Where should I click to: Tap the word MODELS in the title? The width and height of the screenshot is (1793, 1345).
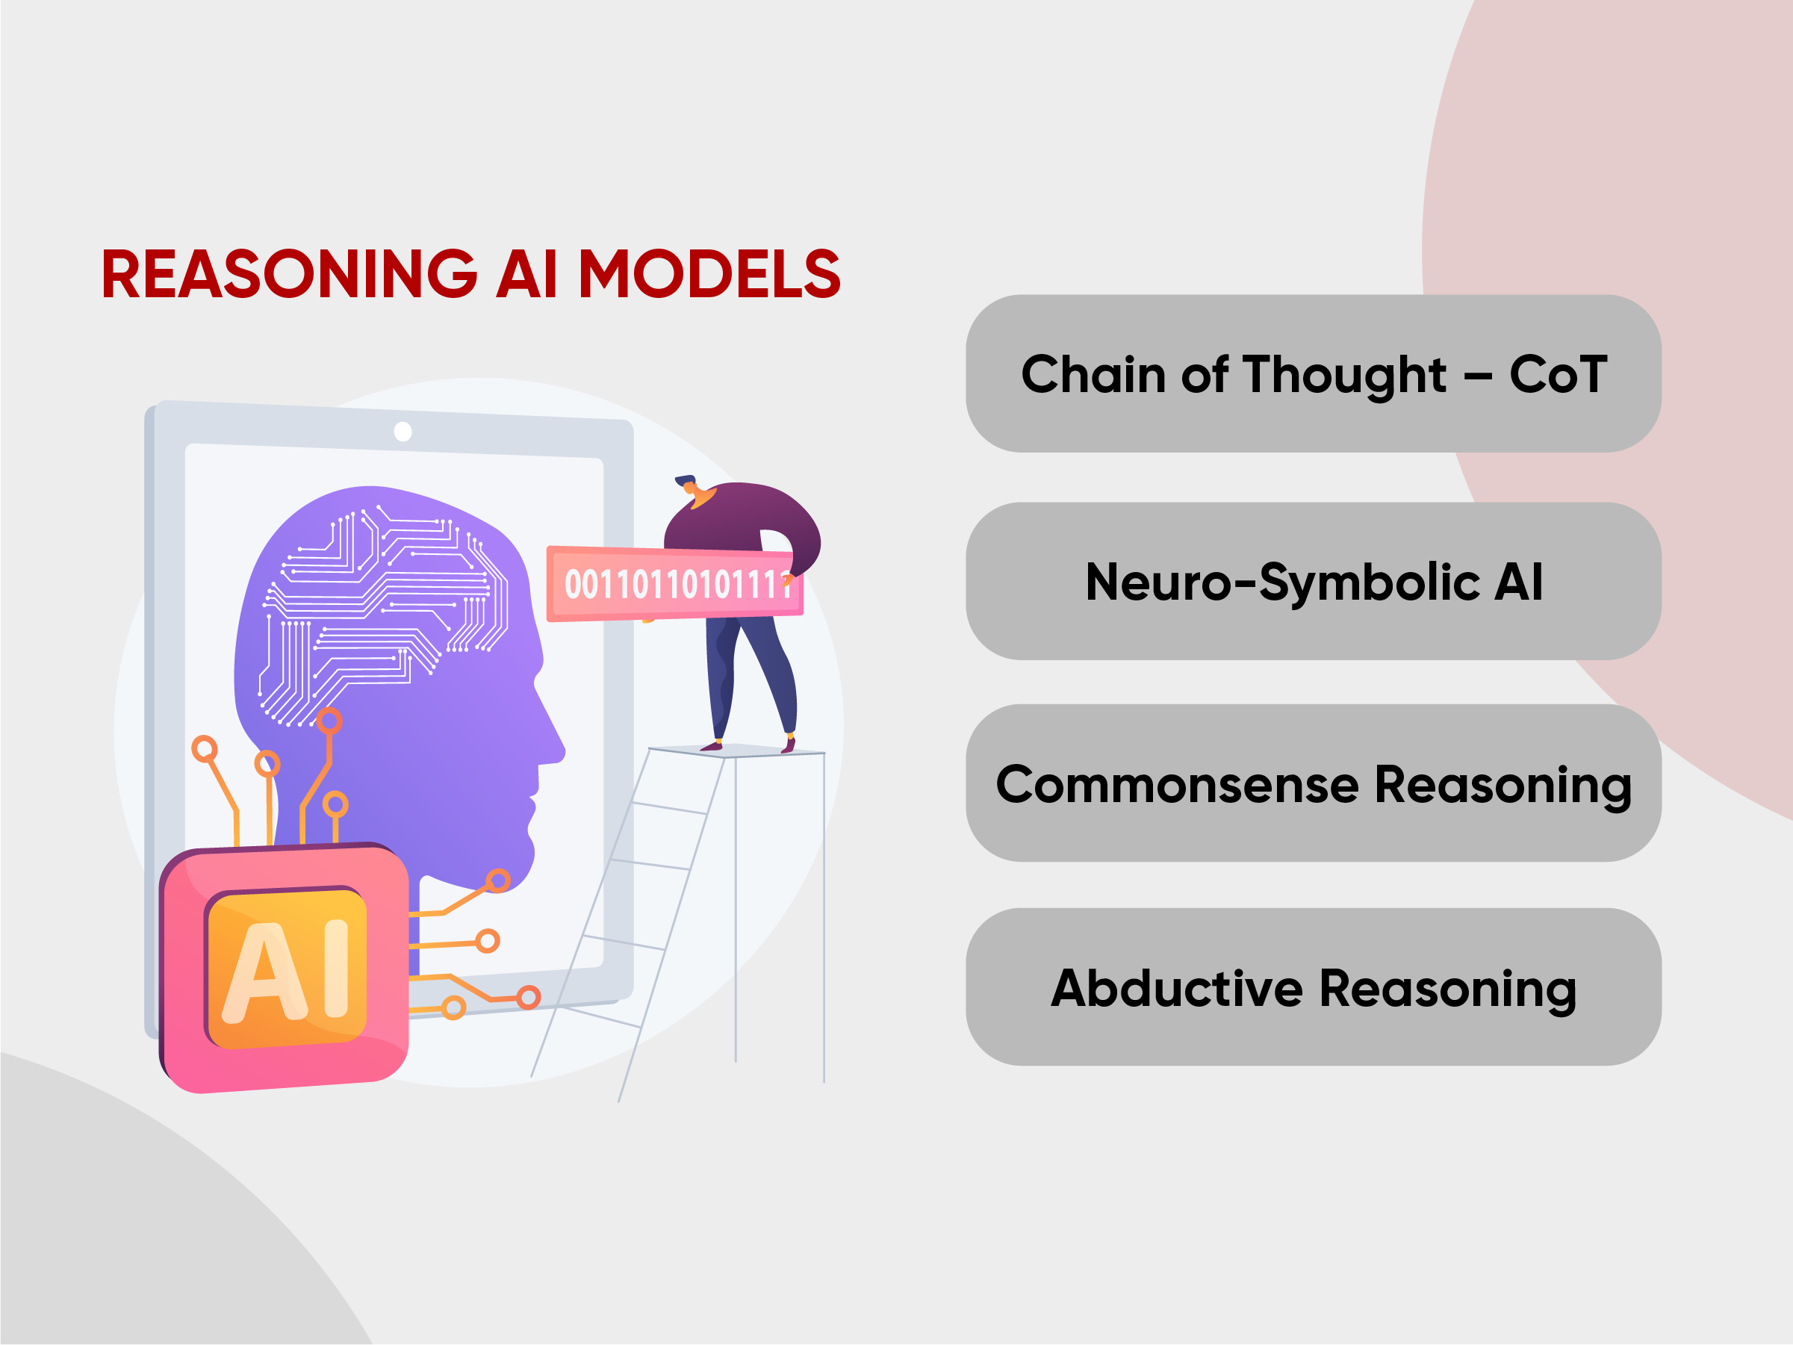(709, 273)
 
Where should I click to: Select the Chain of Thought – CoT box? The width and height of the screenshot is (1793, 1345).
(1313, 373)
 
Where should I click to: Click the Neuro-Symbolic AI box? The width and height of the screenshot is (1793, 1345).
(1313, 581)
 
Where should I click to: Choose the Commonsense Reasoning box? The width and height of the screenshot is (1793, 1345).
(1313, 783)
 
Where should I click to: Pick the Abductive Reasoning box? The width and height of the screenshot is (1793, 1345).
(1313, 987)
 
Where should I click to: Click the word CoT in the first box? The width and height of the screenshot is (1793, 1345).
(1558, 375)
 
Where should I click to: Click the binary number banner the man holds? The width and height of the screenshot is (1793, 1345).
(675, 584)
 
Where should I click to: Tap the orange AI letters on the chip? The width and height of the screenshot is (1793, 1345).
(286, 969)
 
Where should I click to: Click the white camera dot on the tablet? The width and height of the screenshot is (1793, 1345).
(403, 432)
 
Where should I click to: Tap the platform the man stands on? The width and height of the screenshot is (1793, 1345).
(737, 751)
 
